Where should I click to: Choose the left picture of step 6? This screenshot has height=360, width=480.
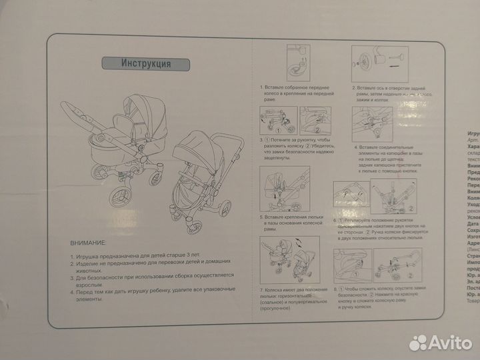350,193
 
